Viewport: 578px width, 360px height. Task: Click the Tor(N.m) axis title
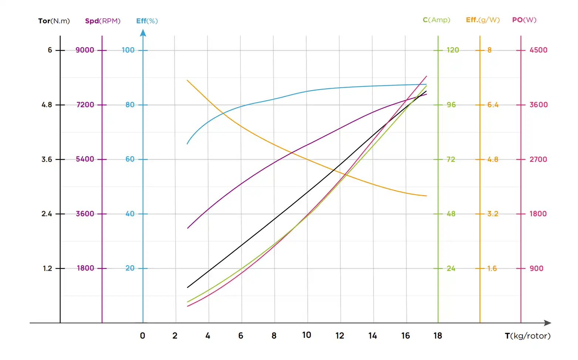click(x=54, y=21)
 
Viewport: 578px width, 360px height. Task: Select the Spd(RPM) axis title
click(x=102, y=21)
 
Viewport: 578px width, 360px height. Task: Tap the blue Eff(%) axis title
click(x=147, y=21)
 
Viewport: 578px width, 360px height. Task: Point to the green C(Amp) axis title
click(x=436, y=20)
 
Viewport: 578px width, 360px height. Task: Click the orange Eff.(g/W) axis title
click(x=483, y=20)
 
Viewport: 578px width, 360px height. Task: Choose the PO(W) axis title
click(x=524, y=20)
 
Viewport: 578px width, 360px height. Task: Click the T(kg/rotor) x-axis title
click(x=527, y=336)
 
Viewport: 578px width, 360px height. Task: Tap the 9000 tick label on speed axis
click(x=85, y=50)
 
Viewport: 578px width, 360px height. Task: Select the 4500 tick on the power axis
click(x=538, y=50)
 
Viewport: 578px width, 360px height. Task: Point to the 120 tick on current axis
click(x=453, y=50)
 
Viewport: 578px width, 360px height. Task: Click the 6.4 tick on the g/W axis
click(x=493, y=105)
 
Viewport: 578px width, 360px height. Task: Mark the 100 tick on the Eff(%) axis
click(x=128, y=50)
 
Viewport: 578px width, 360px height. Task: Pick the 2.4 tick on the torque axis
click(x=47, y=214)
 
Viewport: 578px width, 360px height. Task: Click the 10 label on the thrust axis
click(x=307, y=335)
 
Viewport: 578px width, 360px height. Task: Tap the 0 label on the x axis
click(x=142, y=336)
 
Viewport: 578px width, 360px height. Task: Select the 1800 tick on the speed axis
click(x=85, y=268)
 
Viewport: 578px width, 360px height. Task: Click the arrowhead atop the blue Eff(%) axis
click(x=143, y=33)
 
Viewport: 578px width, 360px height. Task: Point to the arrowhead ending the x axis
click(x=548, y=323)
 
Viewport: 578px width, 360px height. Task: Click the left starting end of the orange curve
click(x=187, y=80)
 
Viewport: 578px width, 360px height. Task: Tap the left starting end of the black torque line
click(x=187, y=287)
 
